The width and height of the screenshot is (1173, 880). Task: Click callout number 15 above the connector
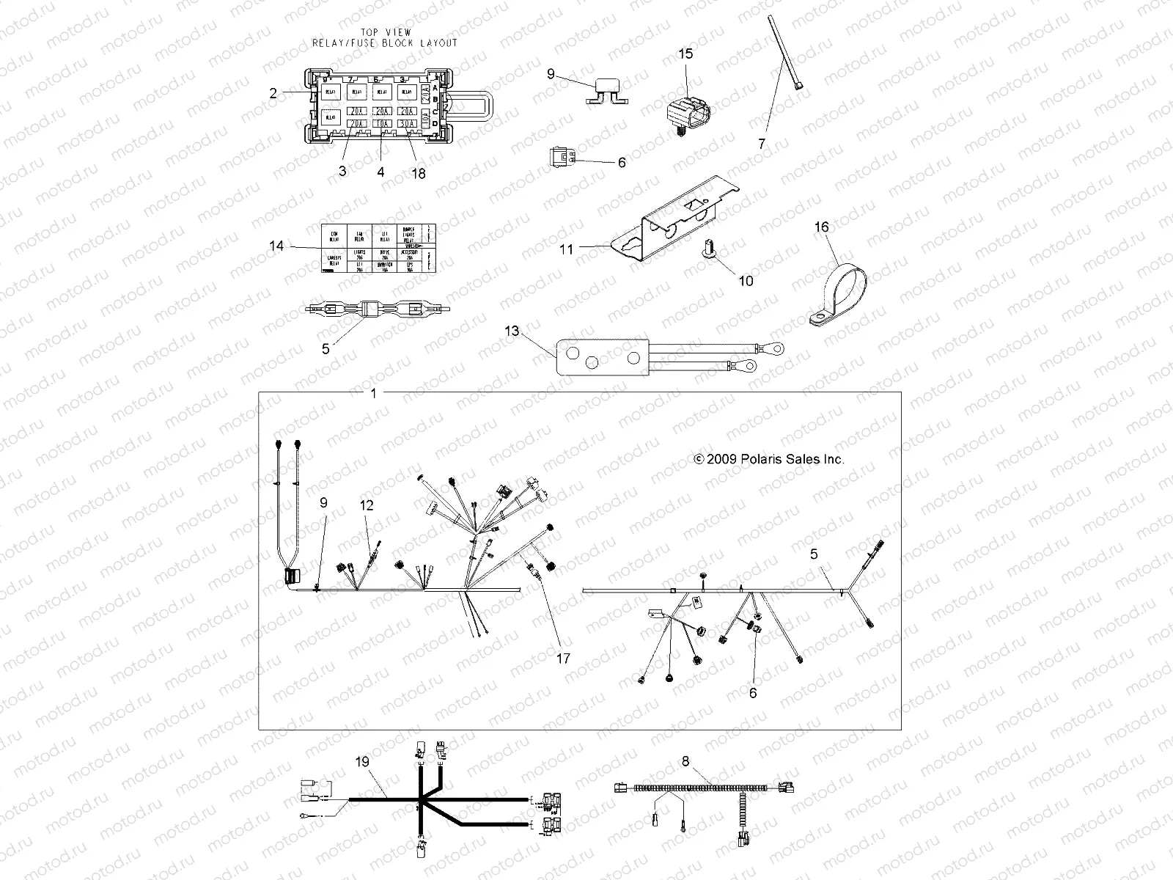(x=685, y=54)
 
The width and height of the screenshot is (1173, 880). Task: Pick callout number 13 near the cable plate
(x=511, y=331)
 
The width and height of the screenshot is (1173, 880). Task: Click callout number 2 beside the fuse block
(x=273, y=93)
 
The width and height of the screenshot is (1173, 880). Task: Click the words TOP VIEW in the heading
(x=386, y=32)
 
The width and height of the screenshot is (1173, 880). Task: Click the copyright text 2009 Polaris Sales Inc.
(x=769, y=459)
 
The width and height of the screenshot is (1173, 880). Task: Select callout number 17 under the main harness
(x=563, y=659)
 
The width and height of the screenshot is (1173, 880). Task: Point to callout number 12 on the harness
(x=367, y=505)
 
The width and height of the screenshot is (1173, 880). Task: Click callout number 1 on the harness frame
(x=373, y=394)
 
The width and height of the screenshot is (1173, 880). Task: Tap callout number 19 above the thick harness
(x=363, y=762)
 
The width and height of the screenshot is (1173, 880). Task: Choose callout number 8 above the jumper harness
(x=685, y=761)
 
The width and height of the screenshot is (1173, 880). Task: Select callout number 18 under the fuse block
(x=418, y=173)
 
